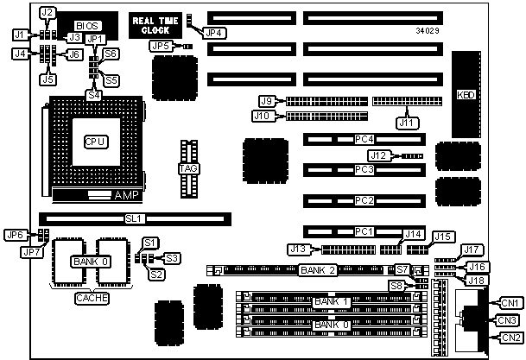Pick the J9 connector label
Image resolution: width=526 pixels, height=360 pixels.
tap(268, 101)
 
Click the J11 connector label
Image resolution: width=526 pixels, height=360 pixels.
tap(405, 122)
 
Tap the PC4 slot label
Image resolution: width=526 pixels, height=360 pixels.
tap(364, 139)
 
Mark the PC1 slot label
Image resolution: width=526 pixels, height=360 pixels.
tap(364, 231)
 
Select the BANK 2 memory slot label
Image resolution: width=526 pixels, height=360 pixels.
tap(316, 270)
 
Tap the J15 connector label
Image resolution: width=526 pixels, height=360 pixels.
tap(443, 236)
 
